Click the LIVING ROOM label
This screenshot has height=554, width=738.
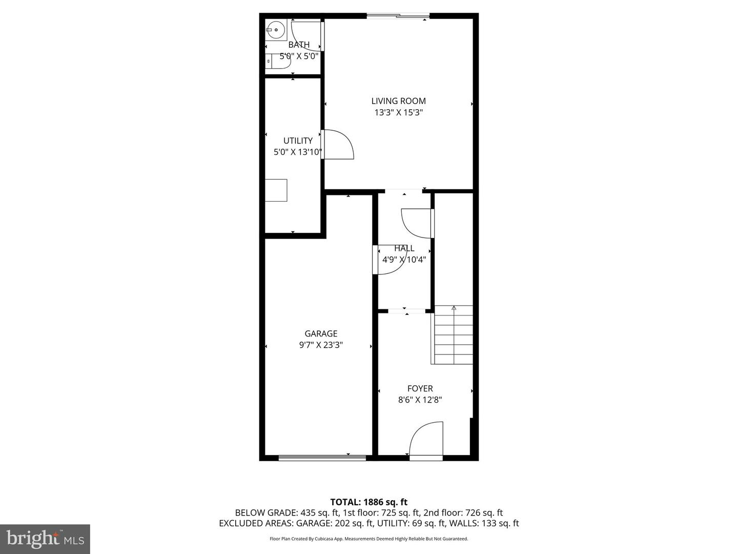398,101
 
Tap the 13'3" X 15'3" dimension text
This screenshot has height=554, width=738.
398,112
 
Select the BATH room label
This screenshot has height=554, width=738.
299,45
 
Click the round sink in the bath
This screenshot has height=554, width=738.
276,30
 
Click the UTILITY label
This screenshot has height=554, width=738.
298,141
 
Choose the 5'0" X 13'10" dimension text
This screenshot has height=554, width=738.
298,152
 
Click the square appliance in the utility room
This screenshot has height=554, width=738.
276,190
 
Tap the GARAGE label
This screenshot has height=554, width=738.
321,333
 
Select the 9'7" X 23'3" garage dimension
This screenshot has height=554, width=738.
321,345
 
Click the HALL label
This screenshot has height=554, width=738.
404,248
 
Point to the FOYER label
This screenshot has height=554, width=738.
420,389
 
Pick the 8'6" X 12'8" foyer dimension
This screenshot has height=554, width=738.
420,400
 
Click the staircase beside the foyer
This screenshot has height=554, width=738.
454,334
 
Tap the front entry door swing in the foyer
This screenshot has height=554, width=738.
426,440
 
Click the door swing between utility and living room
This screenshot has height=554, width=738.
337,145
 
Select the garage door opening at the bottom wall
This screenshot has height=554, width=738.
322,457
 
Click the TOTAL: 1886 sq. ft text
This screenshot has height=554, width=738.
368,502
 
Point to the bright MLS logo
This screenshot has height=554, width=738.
45,539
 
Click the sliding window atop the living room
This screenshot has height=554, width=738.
398,16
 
